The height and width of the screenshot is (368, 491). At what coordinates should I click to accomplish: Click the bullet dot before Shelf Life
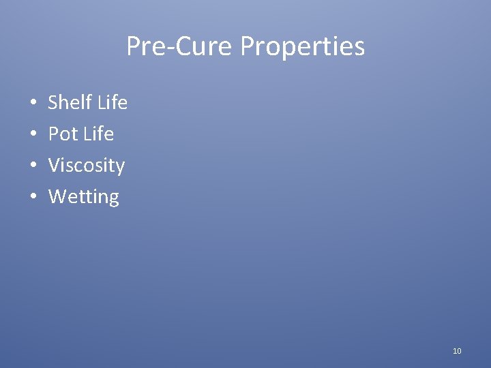33,104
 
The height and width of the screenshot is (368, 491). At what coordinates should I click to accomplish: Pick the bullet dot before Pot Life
33,135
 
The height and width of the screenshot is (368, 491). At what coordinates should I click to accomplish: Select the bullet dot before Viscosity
33,166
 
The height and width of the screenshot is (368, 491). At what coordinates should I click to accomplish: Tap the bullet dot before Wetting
33,198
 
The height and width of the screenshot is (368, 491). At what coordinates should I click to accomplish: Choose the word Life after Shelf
112,103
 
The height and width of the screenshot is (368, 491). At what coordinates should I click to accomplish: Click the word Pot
63,134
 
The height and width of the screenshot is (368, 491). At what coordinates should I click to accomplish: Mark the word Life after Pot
98,134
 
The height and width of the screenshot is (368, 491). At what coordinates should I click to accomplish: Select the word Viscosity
87,166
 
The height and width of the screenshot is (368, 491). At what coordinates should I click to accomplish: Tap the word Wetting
84,197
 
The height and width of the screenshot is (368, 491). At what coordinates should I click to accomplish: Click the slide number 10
457,351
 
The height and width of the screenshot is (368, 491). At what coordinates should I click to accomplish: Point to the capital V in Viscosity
54,166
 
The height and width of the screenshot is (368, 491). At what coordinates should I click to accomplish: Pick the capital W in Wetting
57,197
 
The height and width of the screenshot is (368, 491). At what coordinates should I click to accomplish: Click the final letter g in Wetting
113,199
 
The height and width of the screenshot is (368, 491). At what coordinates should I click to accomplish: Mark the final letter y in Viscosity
120,168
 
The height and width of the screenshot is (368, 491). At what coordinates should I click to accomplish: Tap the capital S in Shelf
53,103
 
